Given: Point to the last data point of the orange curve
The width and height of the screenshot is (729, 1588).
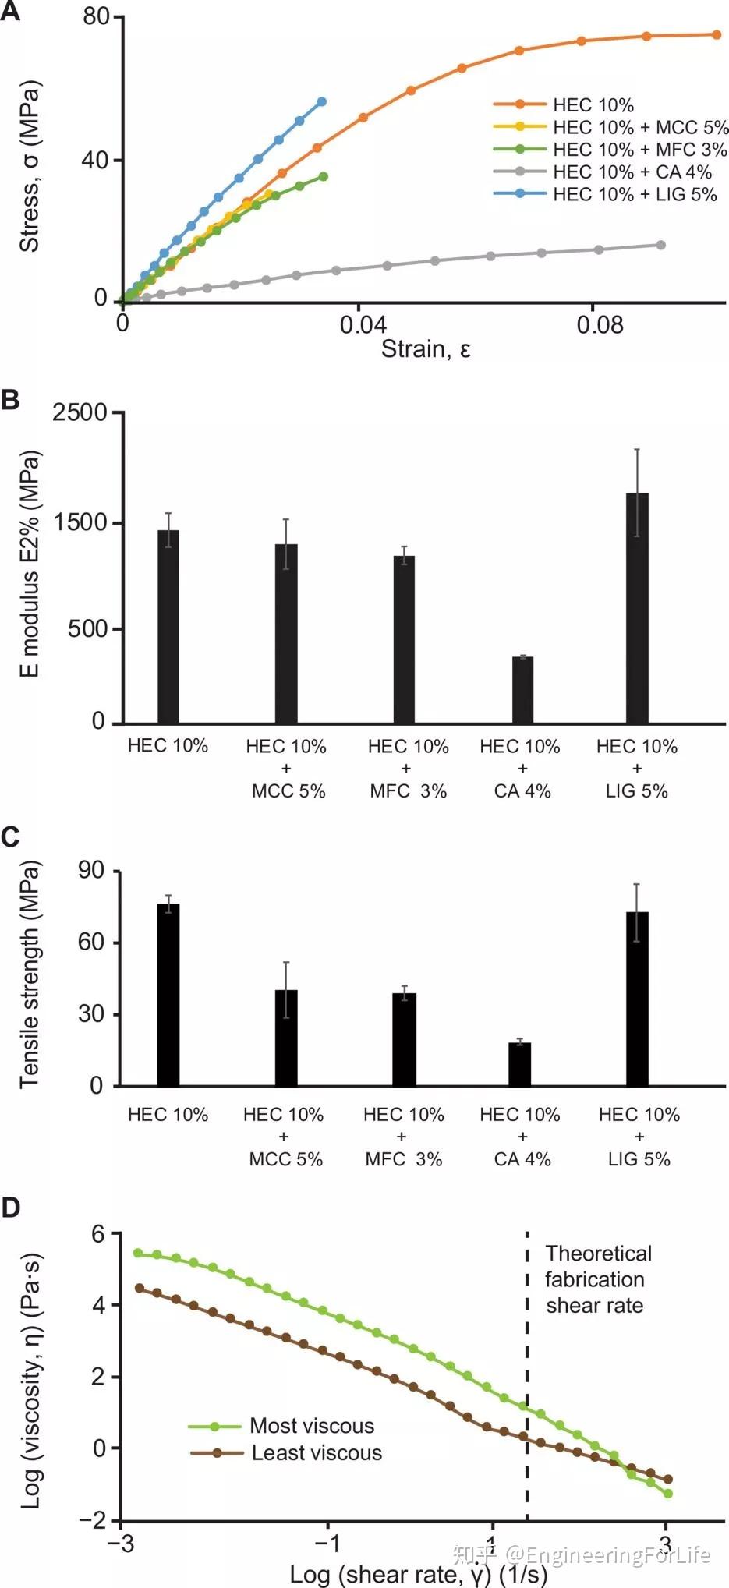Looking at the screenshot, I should point(717,34).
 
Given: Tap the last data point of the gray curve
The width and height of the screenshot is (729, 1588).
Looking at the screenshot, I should point(661,245).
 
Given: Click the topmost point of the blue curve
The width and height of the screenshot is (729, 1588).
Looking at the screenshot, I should point(322,102).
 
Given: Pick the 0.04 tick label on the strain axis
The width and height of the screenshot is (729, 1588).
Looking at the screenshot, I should point(363,324).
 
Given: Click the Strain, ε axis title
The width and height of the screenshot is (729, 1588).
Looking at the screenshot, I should point(426,348).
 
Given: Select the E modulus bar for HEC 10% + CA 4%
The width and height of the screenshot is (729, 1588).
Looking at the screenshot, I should point(522,689).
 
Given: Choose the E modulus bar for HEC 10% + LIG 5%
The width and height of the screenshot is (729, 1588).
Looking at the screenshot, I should point(637,608).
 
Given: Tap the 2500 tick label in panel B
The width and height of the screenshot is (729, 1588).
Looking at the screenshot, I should point(80,412).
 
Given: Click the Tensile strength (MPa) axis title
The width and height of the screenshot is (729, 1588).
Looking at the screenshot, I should point(29,974).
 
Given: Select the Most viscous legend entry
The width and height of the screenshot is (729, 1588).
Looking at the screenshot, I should point(311,1426).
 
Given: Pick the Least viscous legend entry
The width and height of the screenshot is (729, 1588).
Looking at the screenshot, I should point(316,1453).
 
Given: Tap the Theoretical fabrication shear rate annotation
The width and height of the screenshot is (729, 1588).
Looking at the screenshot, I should point(597,1279).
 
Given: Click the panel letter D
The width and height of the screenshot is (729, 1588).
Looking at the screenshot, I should point(11,1207).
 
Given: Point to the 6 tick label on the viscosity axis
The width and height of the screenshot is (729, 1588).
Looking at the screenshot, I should point(97,1234).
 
